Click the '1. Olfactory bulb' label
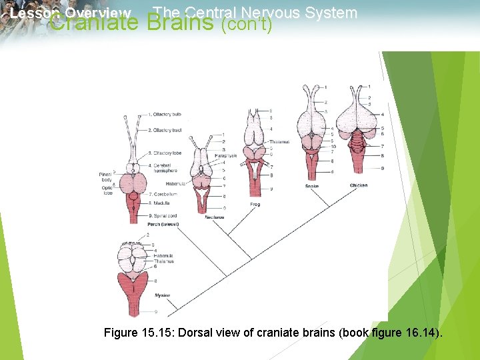click(164, 115)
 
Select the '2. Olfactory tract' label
click(164, 130)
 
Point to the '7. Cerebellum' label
click(163, 194)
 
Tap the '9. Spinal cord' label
click(163, 215)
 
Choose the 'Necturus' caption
click(215, 217)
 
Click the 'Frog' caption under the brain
click(255, 203)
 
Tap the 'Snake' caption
click(311, 186)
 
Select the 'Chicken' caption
click(358, 185)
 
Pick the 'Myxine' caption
click(162, 295)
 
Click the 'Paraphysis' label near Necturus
click(226, 155)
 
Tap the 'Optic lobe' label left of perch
click(106, 190)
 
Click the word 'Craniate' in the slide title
click(93, 24)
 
